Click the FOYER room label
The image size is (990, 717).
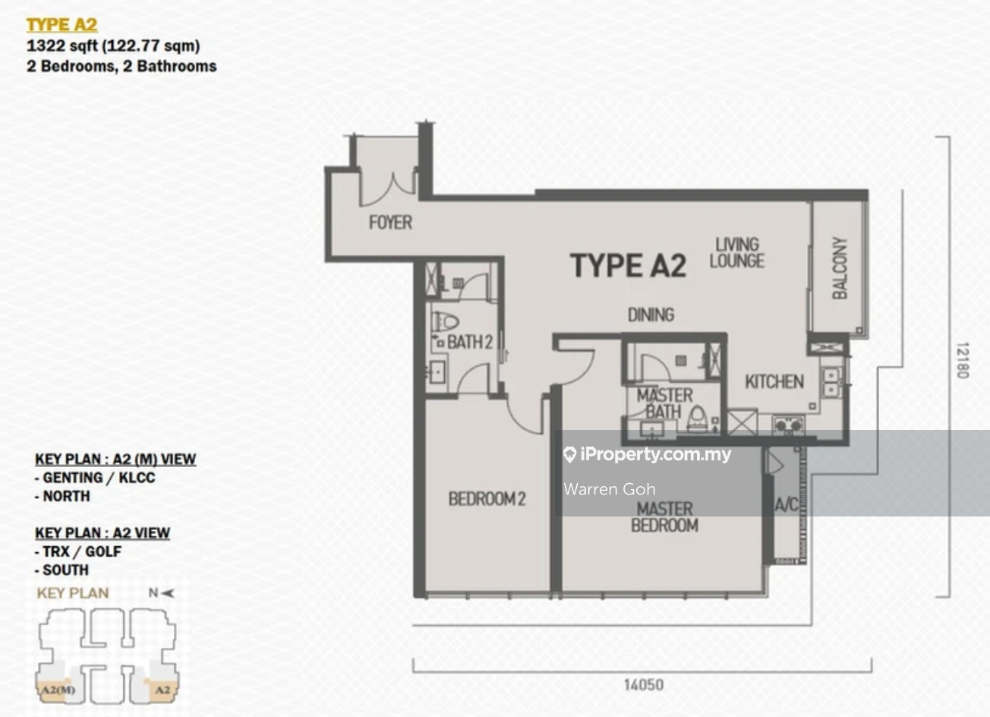coord(390,223)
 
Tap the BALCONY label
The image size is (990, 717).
coord(840,268)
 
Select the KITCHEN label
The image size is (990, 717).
coord(774,382)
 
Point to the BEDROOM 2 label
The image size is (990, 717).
coord(487,499)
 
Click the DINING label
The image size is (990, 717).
coord(651,314)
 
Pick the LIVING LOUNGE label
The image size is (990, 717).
coord(736,253)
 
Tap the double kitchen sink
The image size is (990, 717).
coord(831,382)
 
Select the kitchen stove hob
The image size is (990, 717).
coord(788,425)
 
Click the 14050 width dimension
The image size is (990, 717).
coord(644,685)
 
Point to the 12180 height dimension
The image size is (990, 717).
coord(963,360)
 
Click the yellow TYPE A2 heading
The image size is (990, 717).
coord(62,25)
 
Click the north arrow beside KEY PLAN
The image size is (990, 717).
coord(167,593)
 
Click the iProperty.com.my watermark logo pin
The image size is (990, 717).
coord(569,455)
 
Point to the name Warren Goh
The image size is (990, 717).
coord(610,489)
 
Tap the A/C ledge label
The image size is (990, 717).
coord(787,504)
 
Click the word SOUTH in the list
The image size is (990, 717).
coord(66,570)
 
